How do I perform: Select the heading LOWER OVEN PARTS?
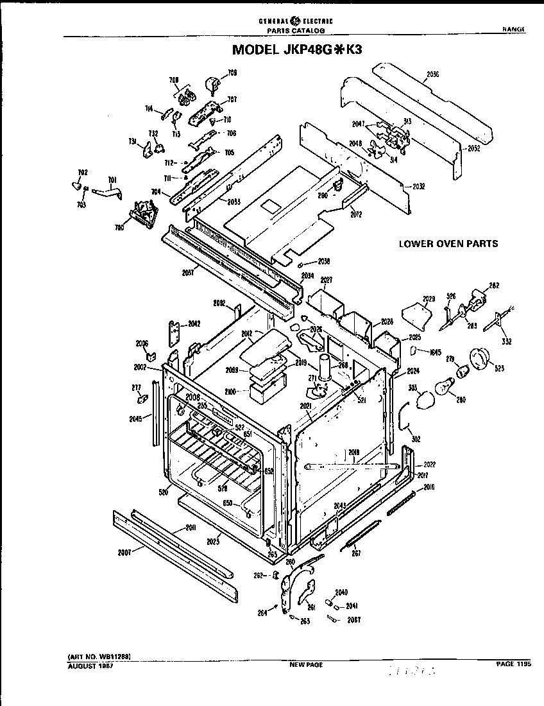point(448,243)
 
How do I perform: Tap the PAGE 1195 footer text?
point(514,664)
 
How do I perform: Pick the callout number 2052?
point(473,147)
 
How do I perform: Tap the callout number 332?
point(506,341)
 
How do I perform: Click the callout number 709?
point(232,73)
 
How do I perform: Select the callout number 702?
point(83,173)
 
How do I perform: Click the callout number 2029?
point(429,298)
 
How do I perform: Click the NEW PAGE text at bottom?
point(306,665)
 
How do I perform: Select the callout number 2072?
point(356,214)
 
